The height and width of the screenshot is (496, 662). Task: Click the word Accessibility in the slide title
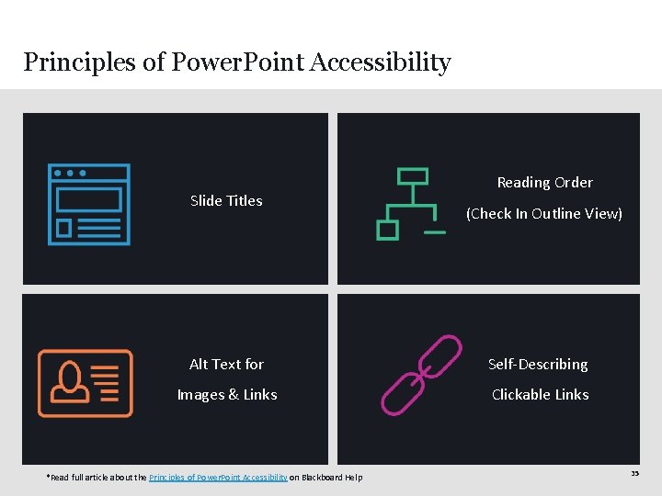tap(381, 62)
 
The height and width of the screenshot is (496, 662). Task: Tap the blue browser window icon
tap(89, 204)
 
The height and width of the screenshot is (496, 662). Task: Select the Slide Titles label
tap(226, 200)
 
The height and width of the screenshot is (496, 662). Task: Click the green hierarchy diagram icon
tap(410, 203)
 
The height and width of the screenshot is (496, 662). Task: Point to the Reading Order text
tap(544, 182)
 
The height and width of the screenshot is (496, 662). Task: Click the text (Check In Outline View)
tap(543, 213)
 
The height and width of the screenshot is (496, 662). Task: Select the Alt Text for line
tap(226, 364)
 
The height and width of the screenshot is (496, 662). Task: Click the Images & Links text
tap(227, 394)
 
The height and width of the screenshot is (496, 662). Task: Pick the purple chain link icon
tap(420, 375)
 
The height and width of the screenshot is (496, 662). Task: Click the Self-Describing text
tap(538, 364)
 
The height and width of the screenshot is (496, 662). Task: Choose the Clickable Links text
tap(540, 394)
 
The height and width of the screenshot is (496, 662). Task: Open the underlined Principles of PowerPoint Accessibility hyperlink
tap(218, 477)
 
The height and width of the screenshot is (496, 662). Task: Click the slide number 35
tap(634, 473)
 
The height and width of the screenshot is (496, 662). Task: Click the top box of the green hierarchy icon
tap(412, 175)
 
